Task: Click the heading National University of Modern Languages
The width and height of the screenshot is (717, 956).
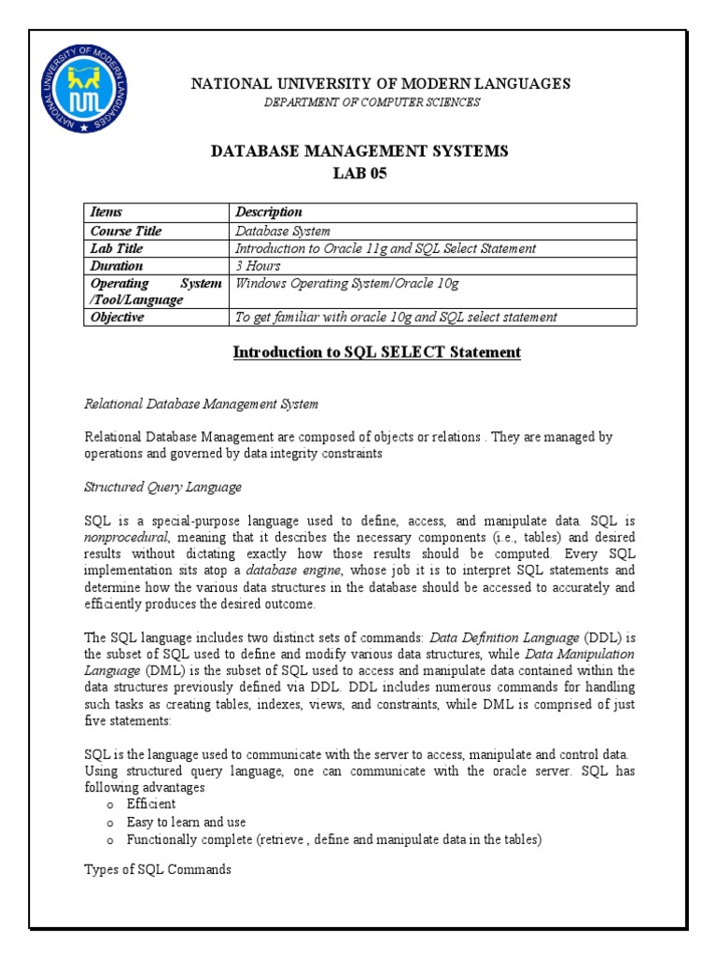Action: pyautogui.click(x=380, y=84)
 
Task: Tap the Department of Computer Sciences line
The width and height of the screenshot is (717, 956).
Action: pyautogui.click(x=373, y=103)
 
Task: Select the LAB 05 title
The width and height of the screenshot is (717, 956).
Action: pyautogui.click(x=359, y=174)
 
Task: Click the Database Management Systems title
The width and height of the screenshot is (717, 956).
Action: pyautogui.click(x=359, y=151)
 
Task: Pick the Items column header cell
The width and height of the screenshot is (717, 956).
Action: pyautogui.click(x=106, y=213)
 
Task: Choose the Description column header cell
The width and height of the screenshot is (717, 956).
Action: pyautogui.click(x=269, y=213)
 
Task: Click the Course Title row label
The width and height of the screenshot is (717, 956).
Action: pyautogui.click(x=126, y=231)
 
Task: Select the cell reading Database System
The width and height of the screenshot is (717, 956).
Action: pyautogui.click(x=283, y=231)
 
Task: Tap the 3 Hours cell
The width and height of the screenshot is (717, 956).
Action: pyautogui.click(x=259, y=266)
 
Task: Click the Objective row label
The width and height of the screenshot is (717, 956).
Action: pyautogui.click(x=118, y=317)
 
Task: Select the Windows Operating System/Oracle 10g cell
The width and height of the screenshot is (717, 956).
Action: pyautogui.click(x=347, y=284)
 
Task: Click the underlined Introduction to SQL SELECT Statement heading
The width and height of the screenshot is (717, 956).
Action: pyautogui.click(x=376, y=353)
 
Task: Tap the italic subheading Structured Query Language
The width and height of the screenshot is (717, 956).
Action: pyautogui.click(x=163, y=487)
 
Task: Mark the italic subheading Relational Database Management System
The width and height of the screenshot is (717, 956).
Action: pyautogui.click(x=202, y=404)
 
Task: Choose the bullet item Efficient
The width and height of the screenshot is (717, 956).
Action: pyautogui.click(x=151, y=804)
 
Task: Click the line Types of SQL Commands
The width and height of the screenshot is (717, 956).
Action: pyautogui.click(x=158, y=870)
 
